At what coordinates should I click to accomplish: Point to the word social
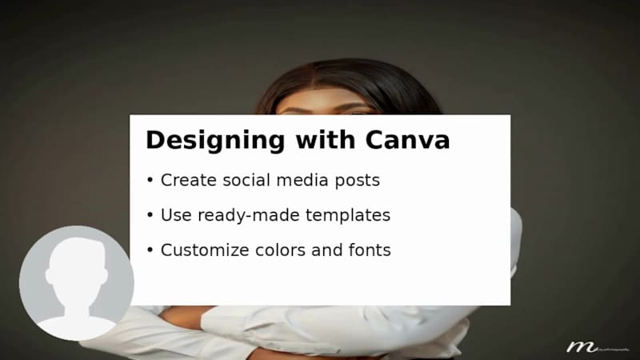click(x=243, y=181)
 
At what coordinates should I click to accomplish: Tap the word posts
click(x=358, y=181)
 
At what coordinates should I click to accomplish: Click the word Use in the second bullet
click(x=174, y=215)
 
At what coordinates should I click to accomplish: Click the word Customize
click(x=204, y=250)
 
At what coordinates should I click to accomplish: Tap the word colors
click(x=281, y=250)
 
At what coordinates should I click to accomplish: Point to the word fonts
click(x=370, y=250)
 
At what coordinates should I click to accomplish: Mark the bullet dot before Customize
click(x=150, y=251)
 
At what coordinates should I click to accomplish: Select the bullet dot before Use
click(x=150, y=216)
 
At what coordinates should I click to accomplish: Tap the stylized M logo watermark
click(x=579, y=346)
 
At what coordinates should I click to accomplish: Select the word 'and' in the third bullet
click(x=327, y=250)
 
